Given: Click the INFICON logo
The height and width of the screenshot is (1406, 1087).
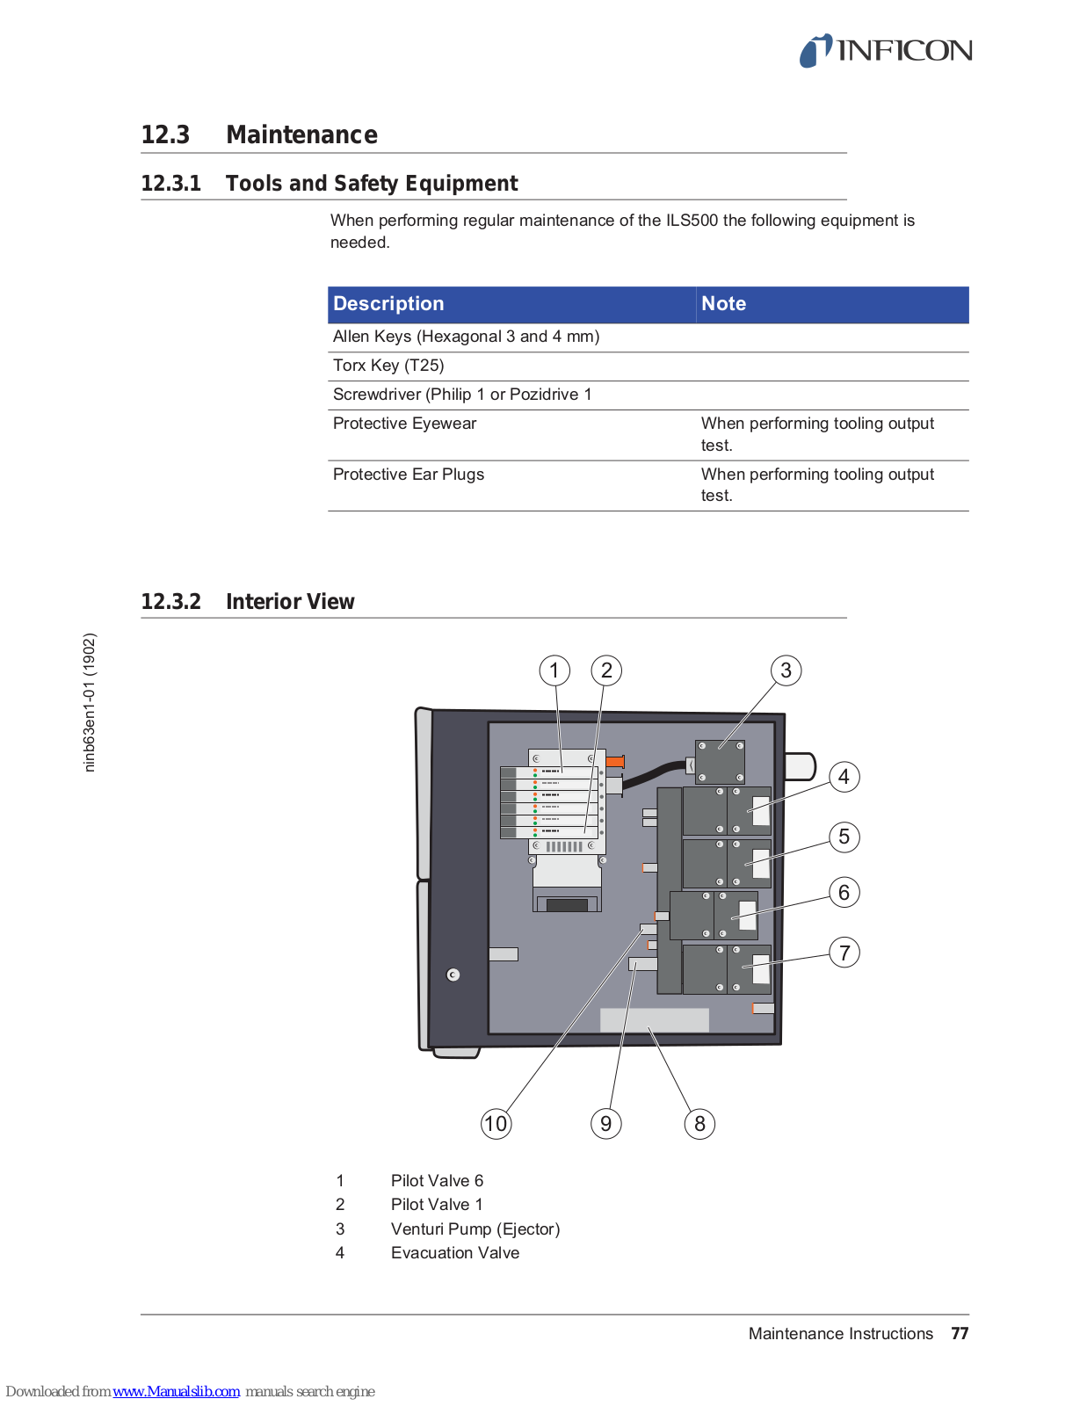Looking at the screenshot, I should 885,51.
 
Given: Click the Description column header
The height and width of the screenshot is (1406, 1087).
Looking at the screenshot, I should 388,304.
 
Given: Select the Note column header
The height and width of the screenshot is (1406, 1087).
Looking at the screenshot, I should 723,304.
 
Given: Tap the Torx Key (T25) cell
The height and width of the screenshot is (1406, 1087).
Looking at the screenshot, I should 388,366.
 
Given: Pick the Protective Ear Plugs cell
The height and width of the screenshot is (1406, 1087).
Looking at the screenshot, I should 409,475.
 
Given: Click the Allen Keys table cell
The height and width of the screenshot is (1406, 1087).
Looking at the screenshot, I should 466,337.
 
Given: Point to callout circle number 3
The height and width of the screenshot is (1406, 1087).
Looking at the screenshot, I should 786,670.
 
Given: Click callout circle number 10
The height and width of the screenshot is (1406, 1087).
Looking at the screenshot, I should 496,1123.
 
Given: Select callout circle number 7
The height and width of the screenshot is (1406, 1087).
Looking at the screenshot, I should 844,953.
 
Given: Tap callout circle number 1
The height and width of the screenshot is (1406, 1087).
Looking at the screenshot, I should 554,670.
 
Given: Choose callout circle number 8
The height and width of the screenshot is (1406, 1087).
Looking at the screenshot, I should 699,1123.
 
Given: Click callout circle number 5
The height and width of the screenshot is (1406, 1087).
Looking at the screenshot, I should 844,837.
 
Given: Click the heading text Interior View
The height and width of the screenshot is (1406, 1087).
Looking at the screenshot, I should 290,602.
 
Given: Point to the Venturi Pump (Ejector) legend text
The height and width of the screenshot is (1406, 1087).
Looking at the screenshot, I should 475,1229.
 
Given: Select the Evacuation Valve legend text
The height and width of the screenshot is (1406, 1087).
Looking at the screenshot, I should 455,1253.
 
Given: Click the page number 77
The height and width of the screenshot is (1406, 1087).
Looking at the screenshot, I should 960,1334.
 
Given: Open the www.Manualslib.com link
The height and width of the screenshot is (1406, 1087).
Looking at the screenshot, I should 176,1392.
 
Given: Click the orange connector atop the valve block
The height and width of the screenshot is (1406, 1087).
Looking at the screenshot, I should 615,761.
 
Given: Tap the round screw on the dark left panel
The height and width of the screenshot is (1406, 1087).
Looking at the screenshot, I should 453,975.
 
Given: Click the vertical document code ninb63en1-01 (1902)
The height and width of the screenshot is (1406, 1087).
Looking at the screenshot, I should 89,703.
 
